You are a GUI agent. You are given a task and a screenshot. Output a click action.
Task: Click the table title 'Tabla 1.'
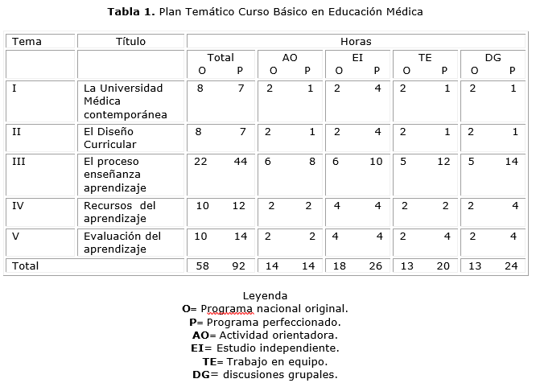132,12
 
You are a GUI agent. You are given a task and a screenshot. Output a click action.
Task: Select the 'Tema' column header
27,42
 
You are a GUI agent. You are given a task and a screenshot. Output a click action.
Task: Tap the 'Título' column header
131,42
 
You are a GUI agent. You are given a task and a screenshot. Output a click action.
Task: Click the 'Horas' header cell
356,42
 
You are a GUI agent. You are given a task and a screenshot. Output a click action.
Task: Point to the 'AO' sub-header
290,58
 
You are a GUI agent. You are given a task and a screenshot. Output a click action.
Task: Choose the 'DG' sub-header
493,58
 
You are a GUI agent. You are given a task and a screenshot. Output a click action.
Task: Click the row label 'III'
19,162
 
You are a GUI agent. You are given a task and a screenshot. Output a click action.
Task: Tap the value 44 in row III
240,162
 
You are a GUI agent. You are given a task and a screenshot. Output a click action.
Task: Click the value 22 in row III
200,162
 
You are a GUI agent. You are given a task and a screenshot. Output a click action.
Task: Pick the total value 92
240,266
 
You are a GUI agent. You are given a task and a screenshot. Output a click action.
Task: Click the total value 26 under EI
375,266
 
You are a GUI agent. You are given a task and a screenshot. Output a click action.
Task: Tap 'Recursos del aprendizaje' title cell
120,212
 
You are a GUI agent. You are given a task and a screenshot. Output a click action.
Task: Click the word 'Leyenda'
265,295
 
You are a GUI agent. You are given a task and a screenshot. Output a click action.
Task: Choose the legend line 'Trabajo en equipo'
265,361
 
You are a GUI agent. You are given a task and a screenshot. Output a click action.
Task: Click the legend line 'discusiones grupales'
265,374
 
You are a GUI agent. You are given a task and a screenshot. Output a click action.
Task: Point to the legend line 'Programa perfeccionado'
265,322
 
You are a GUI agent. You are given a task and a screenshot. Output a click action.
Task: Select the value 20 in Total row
443,266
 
